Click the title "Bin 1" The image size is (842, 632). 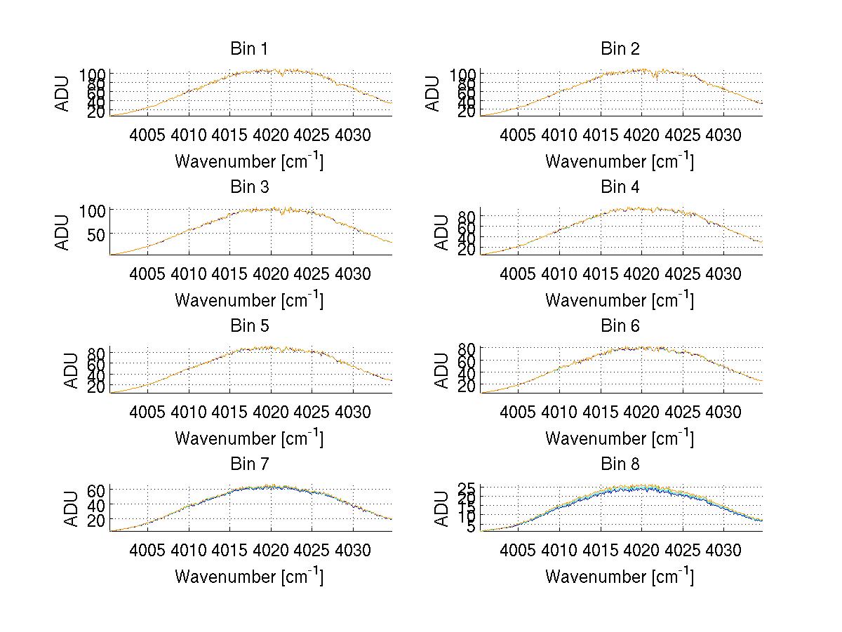[x=248, y=48]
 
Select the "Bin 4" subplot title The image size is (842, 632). [x=620, y=187]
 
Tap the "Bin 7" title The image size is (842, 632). [x=248, y=464]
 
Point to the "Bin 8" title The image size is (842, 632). [x=620, y=464]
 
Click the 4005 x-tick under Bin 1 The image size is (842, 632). [x=147, y=135]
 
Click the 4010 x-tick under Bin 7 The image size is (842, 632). [x=189, y=550]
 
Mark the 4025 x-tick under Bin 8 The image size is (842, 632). [x=682, y=550]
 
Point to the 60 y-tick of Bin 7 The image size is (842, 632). [x=95, y=490]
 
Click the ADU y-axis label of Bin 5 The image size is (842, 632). [x=72, y=370]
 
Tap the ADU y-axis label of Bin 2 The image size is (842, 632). [x=433, y=93]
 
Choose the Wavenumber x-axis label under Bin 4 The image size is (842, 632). [x=620, y=300]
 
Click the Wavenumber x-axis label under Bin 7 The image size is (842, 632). [x=248, y=576]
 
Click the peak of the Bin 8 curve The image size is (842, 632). [x=640, y=485]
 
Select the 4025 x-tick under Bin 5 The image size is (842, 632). [x=312, y=412]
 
